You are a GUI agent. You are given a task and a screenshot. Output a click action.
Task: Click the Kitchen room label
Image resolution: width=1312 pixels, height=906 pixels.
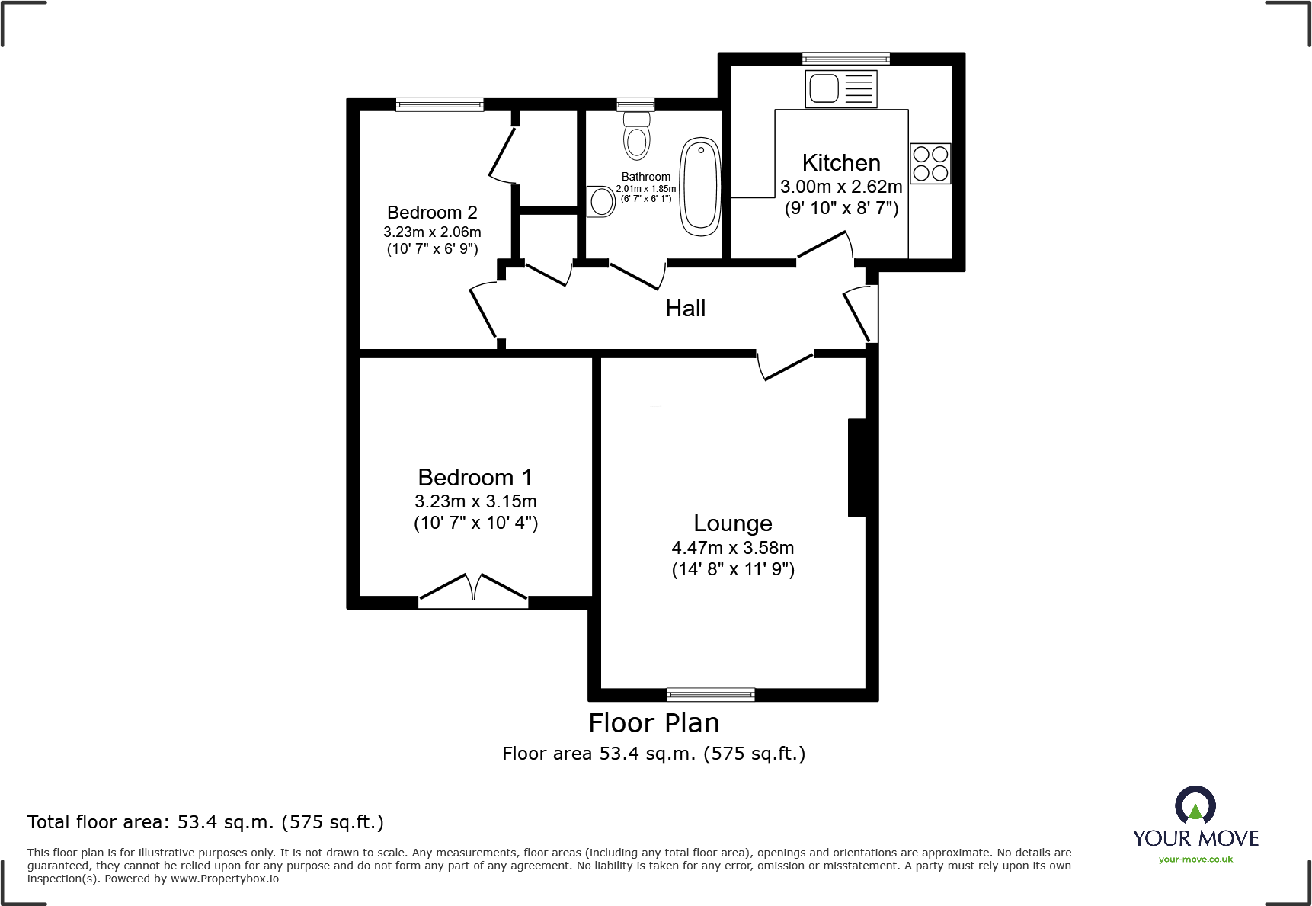(x=841, y=163)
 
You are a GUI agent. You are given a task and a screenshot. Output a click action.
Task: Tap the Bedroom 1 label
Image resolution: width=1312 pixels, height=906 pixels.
(x=475, y=478)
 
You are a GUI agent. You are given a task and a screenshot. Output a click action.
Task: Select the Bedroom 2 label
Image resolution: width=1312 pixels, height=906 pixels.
(x=432, y=213)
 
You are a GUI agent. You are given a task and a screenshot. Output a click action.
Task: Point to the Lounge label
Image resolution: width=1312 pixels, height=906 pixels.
(x=732, y=523)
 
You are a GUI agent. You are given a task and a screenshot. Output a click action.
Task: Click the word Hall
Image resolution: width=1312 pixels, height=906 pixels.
(x=685, y=309)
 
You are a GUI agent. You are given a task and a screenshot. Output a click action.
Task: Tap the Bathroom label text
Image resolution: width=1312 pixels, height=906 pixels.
(x=645, y=177)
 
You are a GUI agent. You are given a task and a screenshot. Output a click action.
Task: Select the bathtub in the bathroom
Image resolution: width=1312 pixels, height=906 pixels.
(x=700, y=186)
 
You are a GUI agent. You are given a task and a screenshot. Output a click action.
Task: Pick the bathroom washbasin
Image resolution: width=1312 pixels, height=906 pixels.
(x=601, y=202)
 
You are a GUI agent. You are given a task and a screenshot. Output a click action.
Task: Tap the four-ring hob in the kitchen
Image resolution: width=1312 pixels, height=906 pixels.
(x=930, y=164)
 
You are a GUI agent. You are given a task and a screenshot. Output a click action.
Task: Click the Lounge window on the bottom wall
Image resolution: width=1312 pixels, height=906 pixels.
(x=710, y=694)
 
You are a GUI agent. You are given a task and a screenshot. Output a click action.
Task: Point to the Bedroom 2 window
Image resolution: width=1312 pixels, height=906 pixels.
(x=439, y=104)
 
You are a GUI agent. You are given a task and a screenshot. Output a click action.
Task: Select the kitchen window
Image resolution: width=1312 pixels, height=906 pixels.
(x=846, y=59)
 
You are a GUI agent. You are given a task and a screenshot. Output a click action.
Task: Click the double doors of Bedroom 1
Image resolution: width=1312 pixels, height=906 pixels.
(x=473, y=591)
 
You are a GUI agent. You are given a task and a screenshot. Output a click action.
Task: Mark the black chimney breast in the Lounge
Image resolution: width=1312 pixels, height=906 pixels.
(x=857, y=467)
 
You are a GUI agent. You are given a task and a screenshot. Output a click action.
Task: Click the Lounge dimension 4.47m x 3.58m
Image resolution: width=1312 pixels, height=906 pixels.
(x=732, y=548)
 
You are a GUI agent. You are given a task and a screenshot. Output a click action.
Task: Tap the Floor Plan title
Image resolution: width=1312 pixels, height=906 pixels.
(x=654, y=723)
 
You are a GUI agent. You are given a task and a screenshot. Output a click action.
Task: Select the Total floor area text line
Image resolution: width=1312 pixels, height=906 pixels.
(x=206, y=822)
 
